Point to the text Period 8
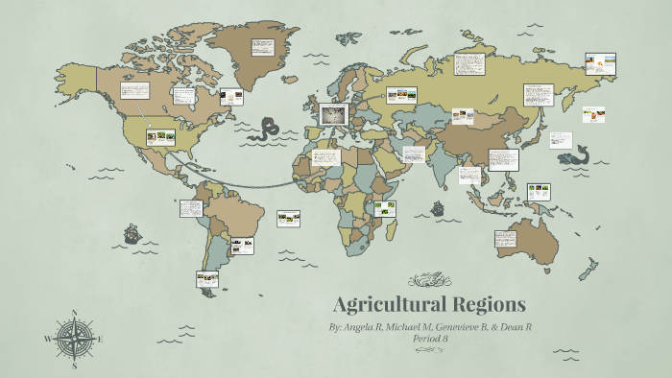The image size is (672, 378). point(430,339)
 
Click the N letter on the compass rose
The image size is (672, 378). point(74,313)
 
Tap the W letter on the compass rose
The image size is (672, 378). point(48,339)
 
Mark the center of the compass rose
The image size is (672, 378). point(74,339)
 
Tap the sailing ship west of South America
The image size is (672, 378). point(131,233)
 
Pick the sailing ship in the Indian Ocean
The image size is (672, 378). point(437,206)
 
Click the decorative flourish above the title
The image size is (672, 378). point(429,280)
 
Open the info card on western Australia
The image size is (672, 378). point(506,239)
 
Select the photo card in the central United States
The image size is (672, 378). point(159,137)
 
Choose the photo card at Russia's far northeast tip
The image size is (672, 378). point(602,63)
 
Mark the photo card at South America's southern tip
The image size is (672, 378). point(207,279)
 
